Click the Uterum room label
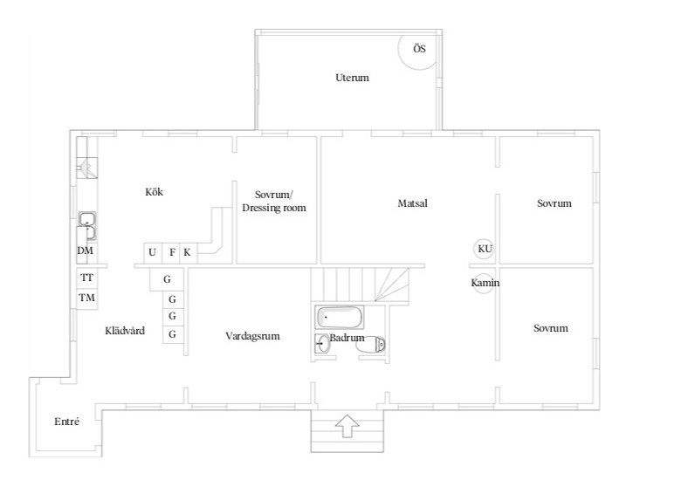[352, 78]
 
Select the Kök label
[154, 192]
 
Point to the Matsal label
[412, 203]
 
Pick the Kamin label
[485, 283]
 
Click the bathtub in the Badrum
[340, 318]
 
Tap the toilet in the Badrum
[370, 345]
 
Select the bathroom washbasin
[322, 344]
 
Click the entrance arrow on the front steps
[347, 426]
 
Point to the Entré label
[66, 422]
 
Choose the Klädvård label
[125, 331]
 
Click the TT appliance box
[87, 278]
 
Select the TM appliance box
[87, 298]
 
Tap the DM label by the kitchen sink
[85, 250]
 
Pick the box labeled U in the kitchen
[153, 252]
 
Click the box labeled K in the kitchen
[188, 252]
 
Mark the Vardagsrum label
[252, 336]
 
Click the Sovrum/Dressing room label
[274, 201]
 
